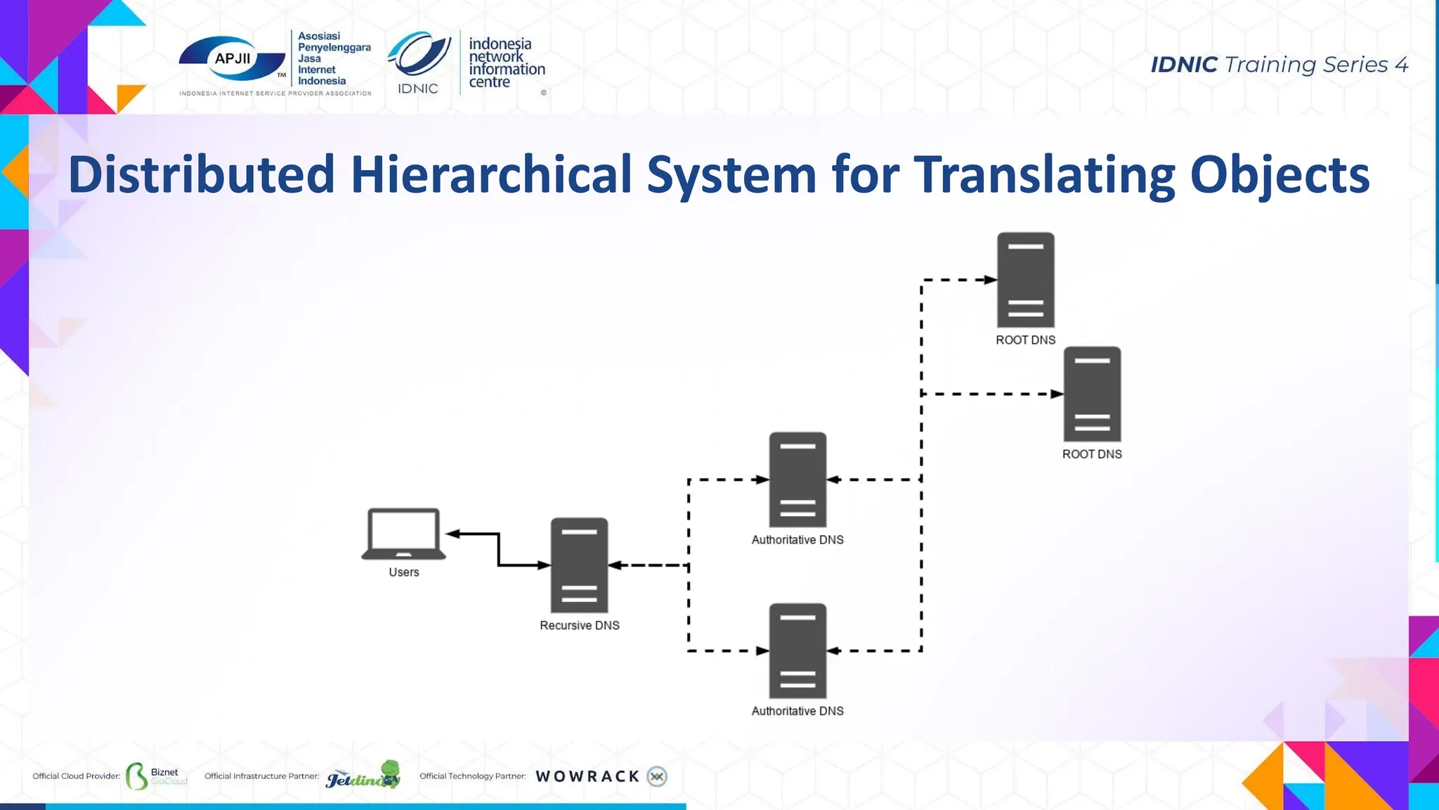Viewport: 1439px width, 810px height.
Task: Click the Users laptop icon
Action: [404, 534]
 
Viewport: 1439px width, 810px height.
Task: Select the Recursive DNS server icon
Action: [579, 565]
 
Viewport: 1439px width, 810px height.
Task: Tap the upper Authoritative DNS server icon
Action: [797, 480]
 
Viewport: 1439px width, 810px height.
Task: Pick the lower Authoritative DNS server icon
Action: [797, 651]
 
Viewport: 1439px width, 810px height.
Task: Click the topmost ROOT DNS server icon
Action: [1025, 280]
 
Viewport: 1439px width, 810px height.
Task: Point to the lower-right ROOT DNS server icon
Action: [1092, 394]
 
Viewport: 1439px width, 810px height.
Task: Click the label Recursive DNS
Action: [579, 625]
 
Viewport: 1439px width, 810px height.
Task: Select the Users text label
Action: [404, 572]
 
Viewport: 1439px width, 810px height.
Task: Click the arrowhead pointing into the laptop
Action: [453, 534]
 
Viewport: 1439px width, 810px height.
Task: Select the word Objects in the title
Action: [1280, 174]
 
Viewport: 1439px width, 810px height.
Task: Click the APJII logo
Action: [232, 60]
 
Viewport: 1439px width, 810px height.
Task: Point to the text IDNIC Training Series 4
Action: [1279, 65]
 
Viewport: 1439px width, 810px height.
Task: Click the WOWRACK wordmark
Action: [587, 776]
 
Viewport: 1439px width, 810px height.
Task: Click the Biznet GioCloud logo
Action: [156, 776]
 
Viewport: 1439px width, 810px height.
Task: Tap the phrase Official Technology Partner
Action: [472, 776]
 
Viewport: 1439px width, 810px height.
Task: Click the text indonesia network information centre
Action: [506, 63]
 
